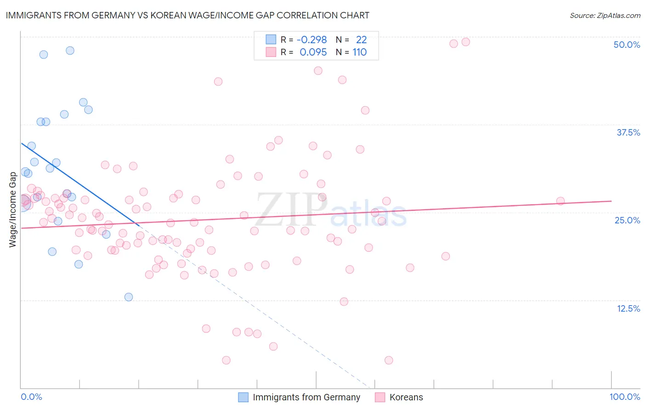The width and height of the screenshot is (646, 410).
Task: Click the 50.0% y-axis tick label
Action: [x=627, y=45]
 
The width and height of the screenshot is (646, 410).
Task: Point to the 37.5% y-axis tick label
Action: [x=628, y=132]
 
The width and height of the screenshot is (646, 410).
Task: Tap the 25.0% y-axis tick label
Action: [x=627, y=220]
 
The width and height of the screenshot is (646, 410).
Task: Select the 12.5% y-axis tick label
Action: [x=628, y=308]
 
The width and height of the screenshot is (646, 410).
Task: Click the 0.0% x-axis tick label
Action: [x=31, y=397]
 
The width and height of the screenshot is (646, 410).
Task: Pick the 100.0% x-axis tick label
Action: [x=624, y=397]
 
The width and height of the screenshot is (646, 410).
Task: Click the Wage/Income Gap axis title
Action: [x=13, y=209]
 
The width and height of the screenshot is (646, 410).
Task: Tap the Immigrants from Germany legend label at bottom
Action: [x=306, y=397]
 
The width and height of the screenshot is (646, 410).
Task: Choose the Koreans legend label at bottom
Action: [x=406, y=397]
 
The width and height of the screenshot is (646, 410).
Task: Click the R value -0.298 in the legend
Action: [x=312, y=40]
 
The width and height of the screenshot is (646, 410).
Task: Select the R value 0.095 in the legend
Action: [x=313, y=52]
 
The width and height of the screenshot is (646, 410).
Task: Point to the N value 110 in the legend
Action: [x=359, y=52]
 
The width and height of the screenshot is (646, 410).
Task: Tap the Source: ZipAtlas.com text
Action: [x=605, y=16]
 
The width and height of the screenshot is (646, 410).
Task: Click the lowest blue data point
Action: [x=129, y=297]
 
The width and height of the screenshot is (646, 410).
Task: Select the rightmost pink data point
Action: [x=560, y=201]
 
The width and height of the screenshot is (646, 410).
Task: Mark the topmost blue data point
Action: [x=70, y=51]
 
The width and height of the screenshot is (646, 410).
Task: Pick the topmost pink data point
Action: [x=465, y=42]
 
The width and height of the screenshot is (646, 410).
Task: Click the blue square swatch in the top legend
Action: [x=271, y=40]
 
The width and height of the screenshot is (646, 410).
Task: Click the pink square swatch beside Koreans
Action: [x=380, y=397]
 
